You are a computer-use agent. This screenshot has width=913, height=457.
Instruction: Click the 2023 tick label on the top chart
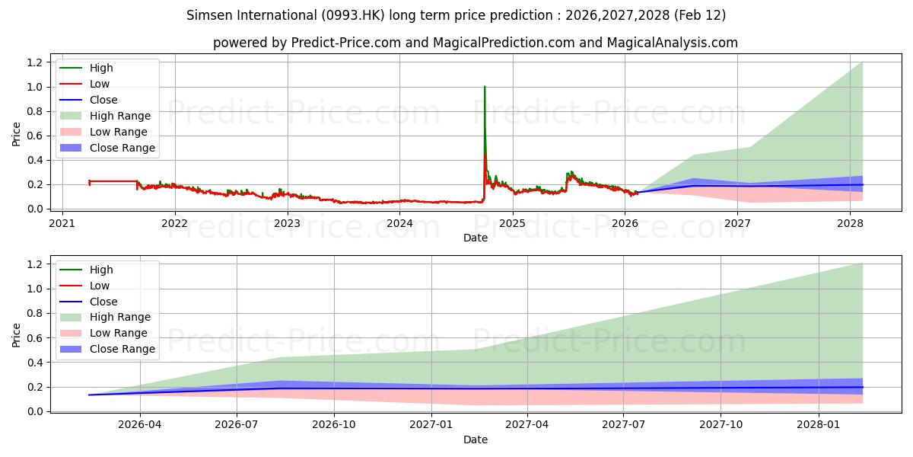pyautogui.click(x=287, y=223)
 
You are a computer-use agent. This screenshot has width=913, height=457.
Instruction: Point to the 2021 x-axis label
pyautogui.click(x=62, y=223)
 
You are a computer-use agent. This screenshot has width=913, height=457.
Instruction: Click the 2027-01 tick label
pyautogui.click(x=431, y=425)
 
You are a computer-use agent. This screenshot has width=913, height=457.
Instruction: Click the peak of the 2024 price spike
pyautogui.click(x=485, y=87)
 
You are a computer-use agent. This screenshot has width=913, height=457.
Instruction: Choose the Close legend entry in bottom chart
pyautogui.click(x=103, y=302)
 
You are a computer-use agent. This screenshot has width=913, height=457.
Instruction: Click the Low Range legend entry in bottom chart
pyautogui.click(x=119, y=333)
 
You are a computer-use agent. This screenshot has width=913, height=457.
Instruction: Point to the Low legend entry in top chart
pyautogui.click(x=100, y=84)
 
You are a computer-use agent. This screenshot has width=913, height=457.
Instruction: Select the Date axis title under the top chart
pyautogui.click(x=475, y=238)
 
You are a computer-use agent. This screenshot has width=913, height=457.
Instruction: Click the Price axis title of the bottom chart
pyautogui.click(x=17, y=334)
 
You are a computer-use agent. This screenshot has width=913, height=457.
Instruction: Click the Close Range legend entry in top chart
pyautogui.click(x=122, y=148)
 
